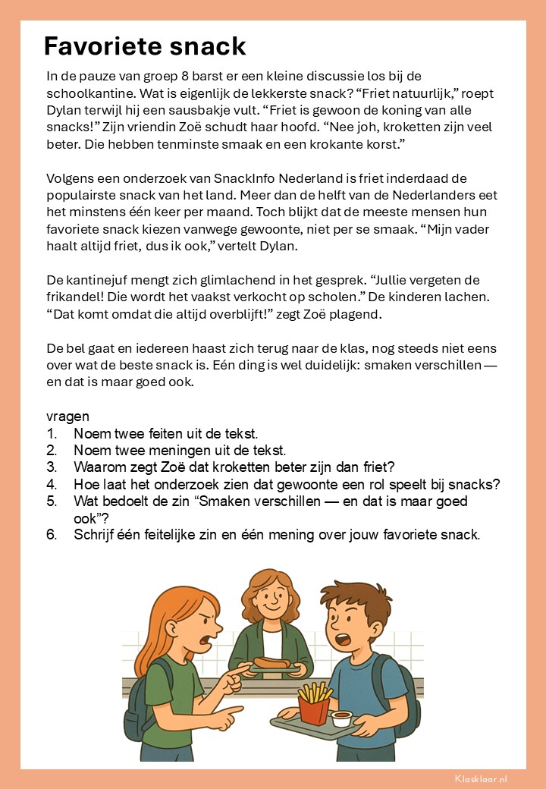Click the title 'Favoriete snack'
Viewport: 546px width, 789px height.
145,46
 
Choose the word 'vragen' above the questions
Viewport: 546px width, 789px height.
67,417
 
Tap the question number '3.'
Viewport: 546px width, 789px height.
52,467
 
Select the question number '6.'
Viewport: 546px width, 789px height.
52,534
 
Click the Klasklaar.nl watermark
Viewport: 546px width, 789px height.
481,778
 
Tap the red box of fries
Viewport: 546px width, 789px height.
314,708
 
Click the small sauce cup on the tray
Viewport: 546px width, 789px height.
343,717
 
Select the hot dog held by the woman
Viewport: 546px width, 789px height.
271,663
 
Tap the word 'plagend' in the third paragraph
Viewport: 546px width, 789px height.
329,314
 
